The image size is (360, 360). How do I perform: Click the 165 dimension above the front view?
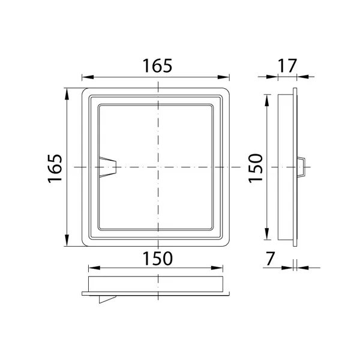pos(157,66)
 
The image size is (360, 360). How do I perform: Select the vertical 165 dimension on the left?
pos(55,168)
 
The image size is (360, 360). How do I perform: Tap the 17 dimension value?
pos(287,66)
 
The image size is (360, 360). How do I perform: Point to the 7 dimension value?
pos(270,259)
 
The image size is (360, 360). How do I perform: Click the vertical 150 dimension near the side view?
pos(256,168)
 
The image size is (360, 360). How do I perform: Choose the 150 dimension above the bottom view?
pos(157,259)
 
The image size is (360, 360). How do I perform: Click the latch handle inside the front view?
pos(107,167)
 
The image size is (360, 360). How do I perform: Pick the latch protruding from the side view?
pos(301,167)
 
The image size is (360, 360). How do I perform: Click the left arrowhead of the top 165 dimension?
pos(88,77)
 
